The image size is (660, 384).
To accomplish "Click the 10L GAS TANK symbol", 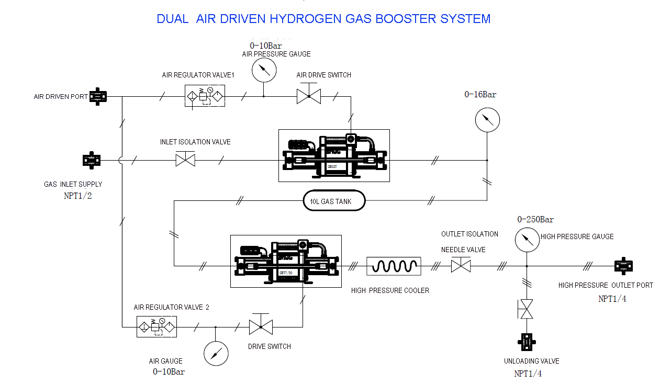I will (x=334, y=201).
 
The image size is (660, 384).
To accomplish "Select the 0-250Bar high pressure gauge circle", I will (x=527, y=240).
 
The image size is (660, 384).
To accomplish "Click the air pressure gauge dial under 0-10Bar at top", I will (x=263, y=70).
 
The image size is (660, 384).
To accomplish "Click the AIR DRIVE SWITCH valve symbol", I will (x=309, y=96).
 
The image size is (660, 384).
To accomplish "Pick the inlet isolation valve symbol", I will (x=185, y=160).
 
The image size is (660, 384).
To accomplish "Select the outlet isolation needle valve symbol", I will (x=461, y=266).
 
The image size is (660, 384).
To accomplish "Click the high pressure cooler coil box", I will (x=394, y=266).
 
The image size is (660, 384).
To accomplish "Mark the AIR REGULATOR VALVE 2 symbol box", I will (x=156, y=327).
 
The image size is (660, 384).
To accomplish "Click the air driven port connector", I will (x=98, y=96).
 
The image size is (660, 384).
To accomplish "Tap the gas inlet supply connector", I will (x=91, y=160).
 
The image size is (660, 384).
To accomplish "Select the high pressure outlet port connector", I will (x=623, y=266).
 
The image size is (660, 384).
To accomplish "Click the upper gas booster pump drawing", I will (x=333, y=155).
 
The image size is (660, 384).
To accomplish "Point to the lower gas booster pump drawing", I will (x=286, y=261).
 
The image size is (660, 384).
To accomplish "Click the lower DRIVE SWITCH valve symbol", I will (x=261, y=327).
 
